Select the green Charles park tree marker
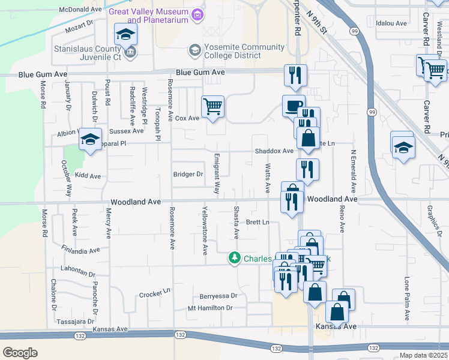click(x=234, y=259)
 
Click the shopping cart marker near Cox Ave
click(x=212, y=107)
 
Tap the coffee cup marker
click(x=294, y=106)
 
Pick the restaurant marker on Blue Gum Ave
click(x=295, y=75)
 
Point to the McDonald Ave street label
click(x=81, y=10)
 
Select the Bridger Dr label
click(x=188, y=175)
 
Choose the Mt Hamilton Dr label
click(x=210, y=308)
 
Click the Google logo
click(x=20, y=352)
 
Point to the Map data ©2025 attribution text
click(x=423, y=355)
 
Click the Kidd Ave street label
click(x=88, y=176)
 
